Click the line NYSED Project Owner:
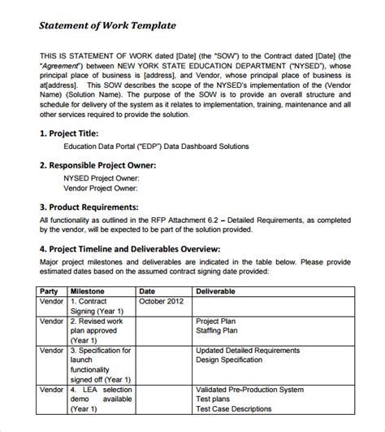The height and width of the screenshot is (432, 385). [102, 177]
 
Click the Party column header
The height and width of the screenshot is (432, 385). [50, 290]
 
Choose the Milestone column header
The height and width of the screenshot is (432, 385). [88, 290]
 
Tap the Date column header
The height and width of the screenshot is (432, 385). [147, 290]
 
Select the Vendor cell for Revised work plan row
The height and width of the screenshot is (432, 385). [52, 321]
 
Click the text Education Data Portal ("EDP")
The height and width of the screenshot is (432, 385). [112, 146]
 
